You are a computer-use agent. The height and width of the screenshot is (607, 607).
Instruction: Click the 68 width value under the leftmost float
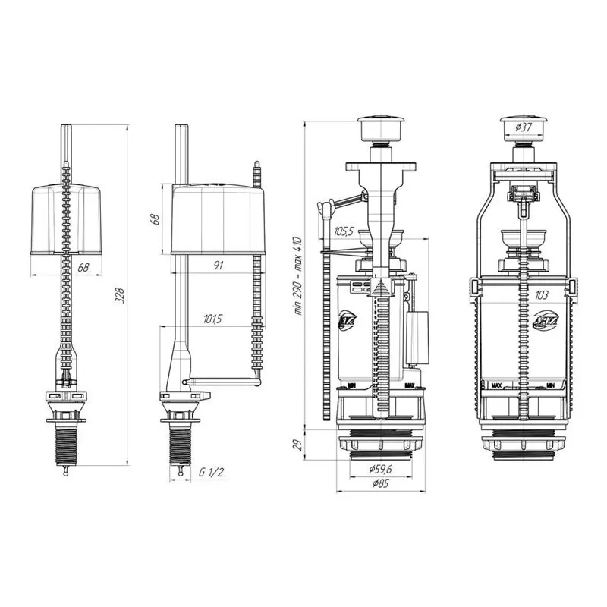pos(64,266)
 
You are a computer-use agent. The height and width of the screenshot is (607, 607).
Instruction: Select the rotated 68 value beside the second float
pos(156,219)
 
